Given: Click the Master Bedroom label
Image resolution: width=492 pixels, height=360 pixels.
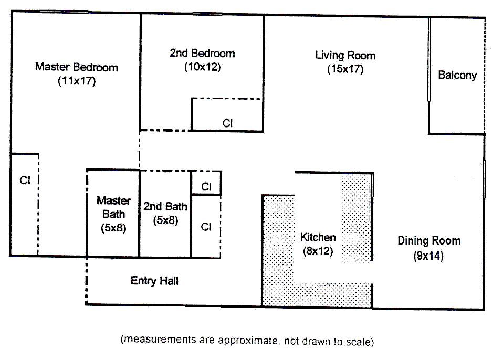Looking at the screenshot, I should coord(76,67).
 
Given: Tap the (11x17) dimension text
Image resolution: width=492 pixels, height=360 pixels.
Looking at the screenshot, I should coord(77,81).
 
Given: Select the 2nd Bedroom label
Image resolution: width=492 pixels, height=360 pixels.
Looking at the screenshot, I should coord(202,53).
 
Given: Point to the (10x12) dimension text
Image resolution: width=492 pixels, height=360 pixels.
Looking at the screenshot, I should coord(202,67).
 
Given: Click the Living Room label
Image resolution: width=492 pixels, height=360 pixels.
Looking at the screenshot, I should coord(346,55).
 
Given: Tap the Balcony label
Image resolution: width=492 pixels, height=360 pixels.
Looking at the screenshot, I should coord(457,75).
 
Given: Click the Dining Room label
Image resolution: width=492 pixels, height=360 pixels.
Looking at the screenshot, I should coord(429,241).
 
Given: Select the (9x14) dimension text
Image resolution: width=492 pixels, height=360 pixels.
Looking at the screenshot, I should coord(428,257).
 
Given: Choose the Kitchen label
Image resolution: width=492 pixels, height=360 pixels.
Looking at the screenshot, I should coord(318,237).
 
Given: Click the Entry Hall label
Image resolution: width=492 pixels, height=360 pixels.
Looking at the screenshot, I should coord(154,281).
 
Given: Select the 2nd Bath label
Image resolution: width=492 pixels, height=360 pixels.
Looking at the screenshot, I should coord(165,206).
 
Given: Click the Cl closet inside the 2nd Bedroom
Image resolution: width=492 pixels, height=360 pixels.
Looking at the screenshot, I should coord(227,123).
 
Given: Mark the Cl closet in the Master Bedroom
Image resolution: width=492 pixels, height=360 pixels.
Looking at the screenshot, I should coord(24,180).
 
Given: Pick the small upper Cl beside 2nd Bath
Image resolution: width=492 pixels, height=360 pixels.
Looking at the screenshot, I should coord(206,187).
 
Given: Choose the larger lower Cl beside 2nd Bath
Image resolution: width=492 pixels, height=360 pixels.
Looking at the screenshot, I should coord(206,227).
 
